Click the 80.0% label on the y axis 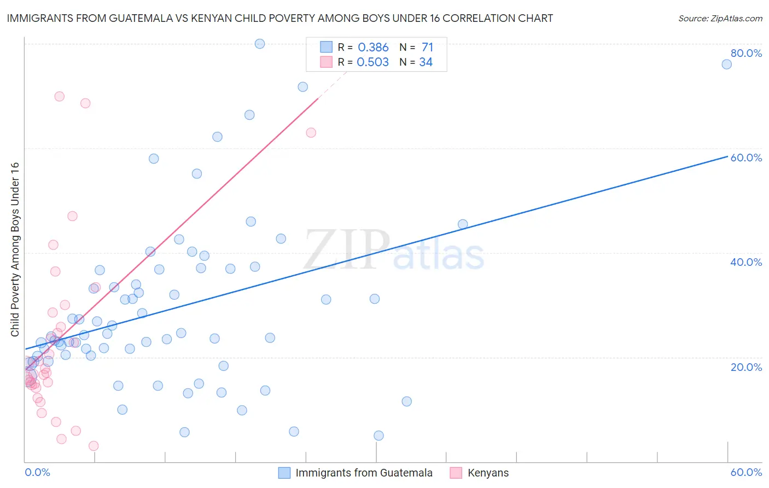click(746, 53)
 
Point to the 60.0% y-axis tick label click(746, 158)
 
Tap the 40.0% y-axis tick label click(746, 262)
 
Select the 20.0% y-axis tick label click(746, 367)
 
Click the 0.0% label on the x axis click(37, 472)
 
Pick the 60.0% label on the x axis click(746, 472)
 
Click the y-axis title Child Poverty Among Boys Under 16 click(15, 249)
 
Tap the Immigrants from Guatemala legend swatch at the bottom click(284, 473)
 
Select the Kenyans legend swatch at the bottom click(456, 473)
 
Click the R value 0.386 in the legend click(373, 48)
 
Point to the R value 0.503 click(372, 62)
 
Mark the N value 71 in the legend click(427, 48)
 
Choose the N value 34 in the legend click(426, 62)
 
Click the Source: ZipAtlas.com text click(720, 19)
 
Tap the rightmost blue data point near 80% click(726, 65)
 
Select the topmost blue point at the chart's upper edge click(260, 44)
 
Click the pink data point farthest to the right click(311, 132)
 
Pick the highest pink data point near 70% click(60, 96)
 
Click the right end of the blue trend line click(727, 156)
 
